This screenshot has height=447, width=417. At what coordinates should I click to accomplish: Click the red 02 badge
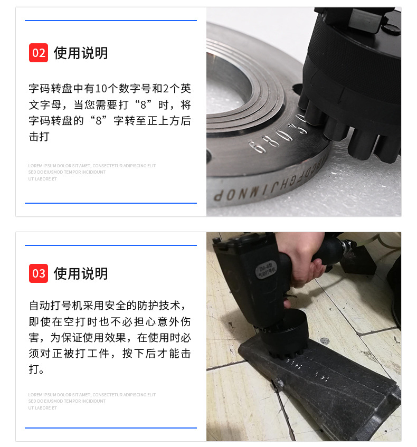[x=39, y=53]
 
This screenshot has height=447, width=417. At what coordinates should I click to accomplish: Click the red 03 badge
[x=39, y=273]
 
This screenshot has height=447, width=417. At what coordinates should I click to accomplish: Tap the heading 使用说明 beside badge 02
[x=81, y=53]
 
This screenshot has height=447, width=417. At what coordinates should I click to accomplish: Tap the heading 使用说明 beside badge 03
[x=81, y=273]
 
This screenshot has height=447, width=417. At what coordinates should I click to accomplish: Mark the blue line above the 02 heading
[x=111, y=21]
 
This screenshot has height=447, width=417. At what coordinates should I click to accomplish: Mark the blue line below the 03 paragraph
[x=111, y=428]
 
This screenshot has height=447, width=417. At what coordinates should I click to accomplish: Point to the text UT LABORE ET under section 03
[x=43, y=408]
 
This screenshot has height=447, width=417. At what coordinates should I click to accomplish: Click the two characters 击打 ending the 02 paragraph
[x=39, y=136]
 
